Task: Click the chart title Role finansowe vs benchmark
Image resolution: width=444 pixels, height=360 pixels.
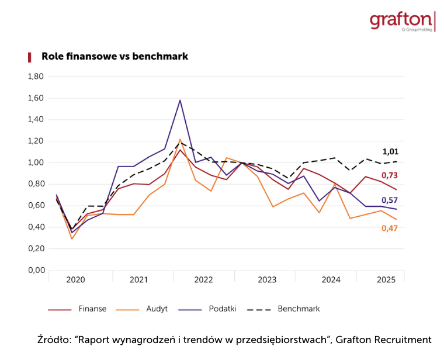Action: (x=115, y=57)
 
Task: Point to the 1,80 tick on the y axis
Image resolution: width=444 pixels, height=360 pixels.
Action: (x=36, y=77)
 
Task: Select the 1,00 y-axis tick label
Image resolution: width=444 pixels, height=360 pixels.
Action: (x=36, y=162)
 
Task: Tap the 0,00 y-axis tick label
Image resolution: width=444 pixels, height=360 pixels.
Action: (x=36, y=270)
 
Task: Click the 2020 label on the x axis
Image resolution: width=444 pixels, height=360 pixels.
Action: (x=75, y=280)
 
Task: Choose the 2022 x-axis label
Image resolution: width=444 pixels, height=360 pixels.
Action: (x=203, y=280)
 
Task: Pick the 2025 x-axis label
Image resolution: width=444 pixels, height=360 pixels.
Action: (x=386, y=280)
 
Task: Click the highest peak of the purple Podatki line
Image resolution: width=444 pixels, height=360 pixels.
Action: (x=180, y=100)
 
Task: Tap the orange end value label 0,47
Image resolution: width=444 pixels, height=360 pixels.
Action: (x=390, y=228)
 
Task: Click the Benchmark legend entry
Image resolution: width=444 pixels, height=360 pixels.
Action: (x=299, y=309)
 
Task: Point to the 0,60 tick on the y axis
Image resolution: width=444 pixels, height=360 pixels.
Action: (x=36, y=206)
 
